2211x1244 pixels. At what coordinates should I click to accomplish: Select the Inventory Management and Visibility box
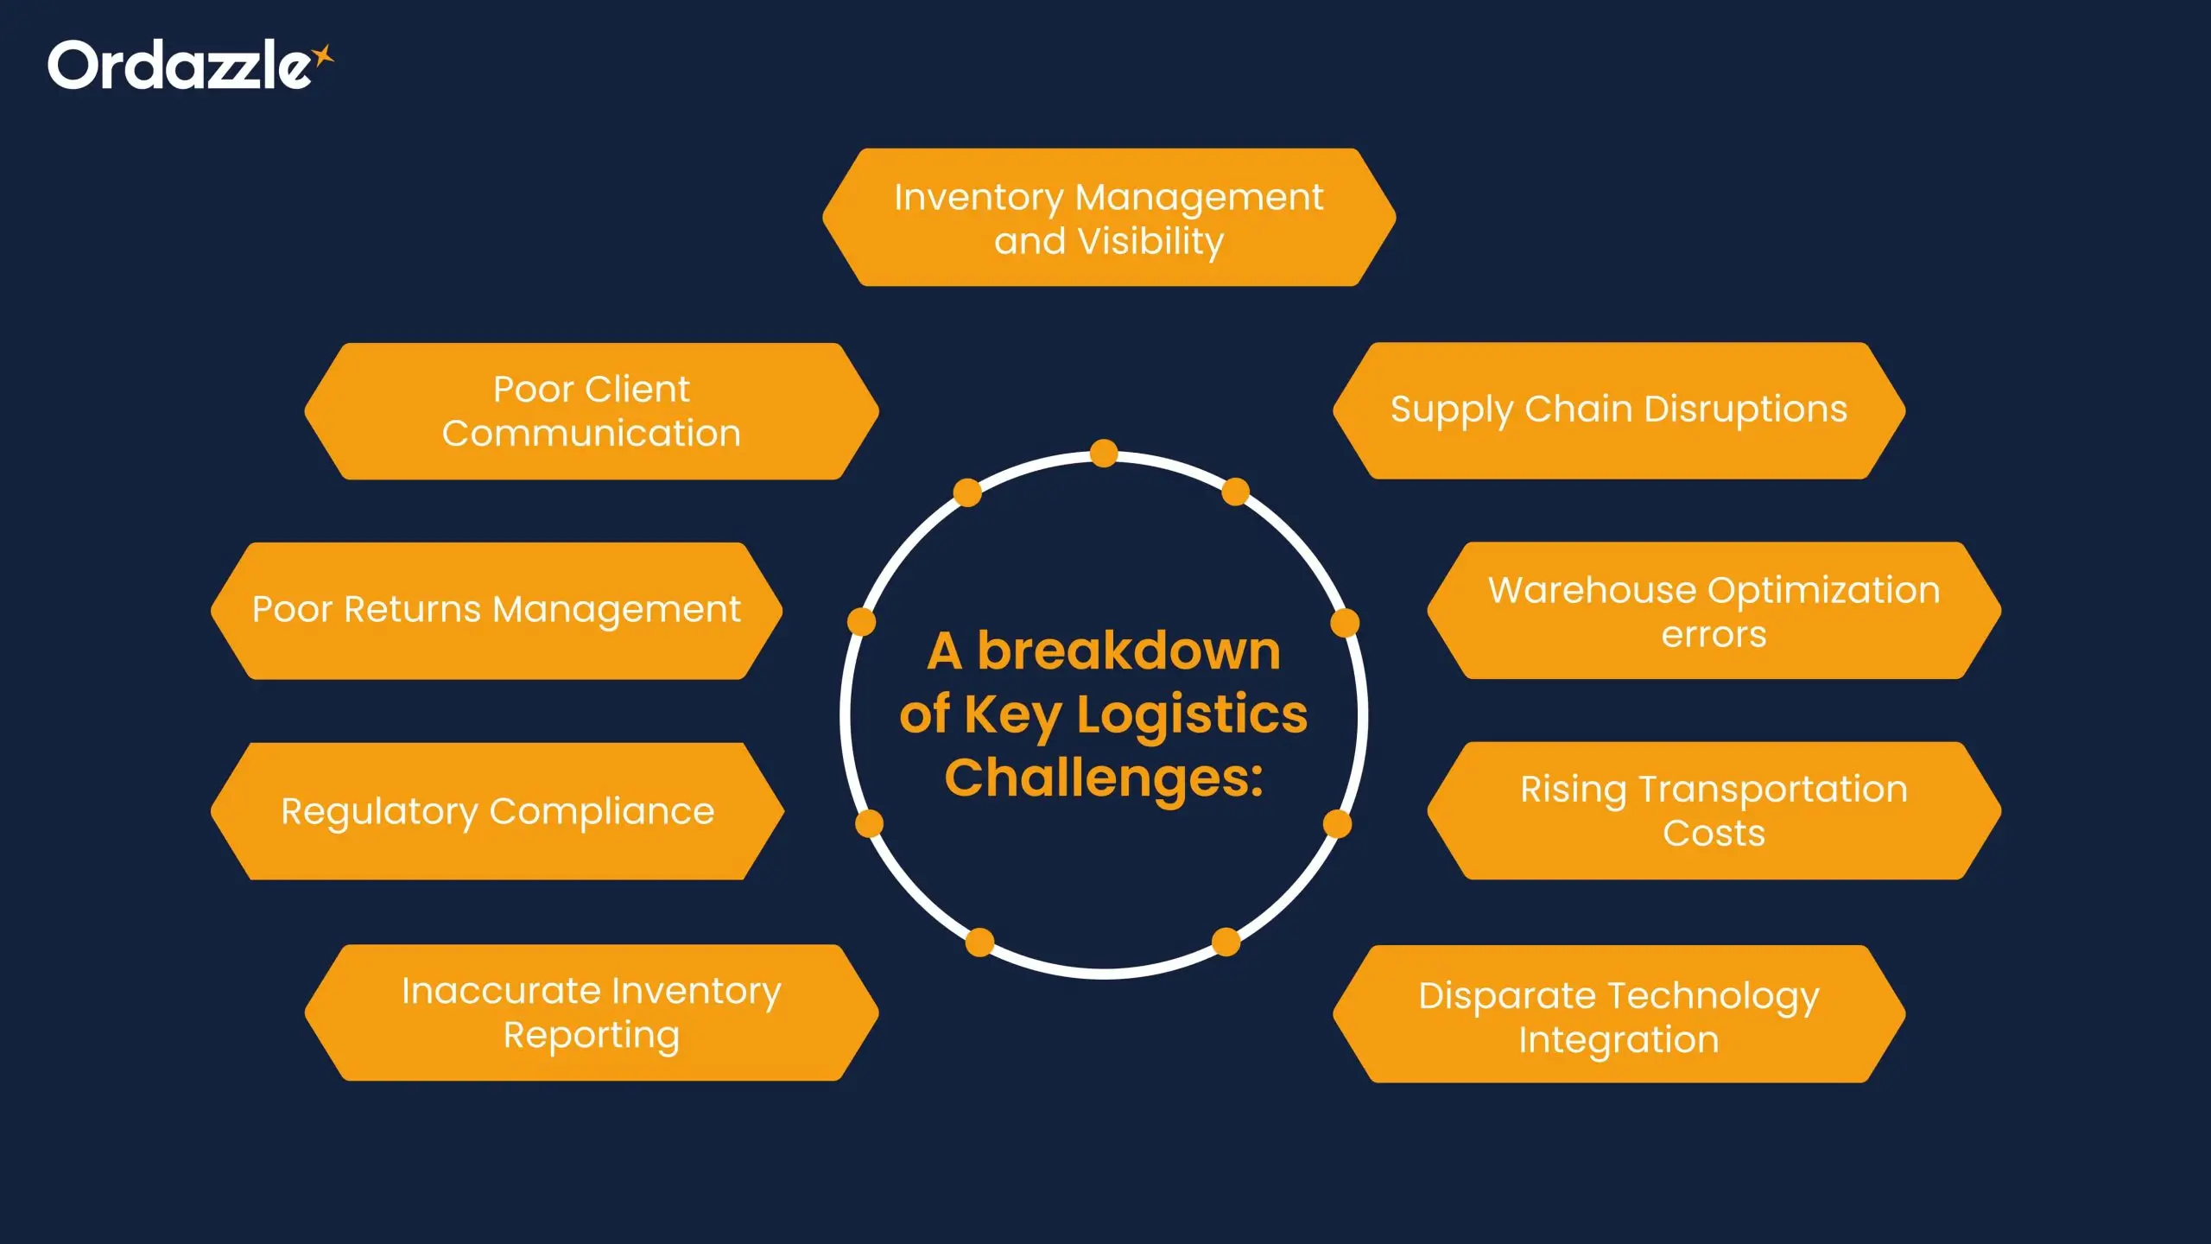(x=1108, y=218)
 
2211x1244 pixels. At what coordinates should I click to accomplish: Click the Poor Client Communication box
(x=592, y=411)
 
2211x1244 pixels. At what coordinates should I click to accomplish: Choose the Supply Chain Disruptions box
(x=1619, y=409)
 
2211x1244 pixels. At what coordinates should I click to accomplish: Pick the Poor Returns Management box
(x=497, y=610)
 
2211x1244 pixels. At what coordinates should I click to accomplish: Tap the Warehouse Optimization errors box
(x=1714, y=611)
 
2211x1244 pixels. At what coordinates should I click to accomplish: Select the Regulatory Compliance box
(x=497, y=811)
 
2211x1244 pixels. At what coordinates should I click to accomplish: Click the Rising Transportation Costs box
(x=1714, y=811)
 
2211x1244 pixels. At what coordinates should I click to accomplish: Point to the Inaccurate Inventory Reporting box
(x=592, y=1012)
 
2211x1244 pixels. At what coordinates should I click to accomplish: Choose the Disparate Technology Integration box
(x=1619, y=1015)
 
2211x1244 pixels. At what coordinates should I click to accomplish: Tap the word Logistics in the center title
(x=1192, y=714)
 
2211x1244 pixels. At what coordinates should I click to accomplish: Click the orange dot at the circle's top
(x=1104, y=454)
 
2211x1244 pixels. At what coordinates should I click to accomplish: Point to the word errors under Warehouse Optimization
(x=1714, y=635)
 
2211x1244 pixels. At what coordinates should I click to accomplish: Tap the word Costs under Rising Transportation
(x=1714, y=834)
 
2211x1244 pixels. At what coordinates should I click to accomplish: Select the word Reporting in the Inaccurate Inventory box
(x=592, y=1035)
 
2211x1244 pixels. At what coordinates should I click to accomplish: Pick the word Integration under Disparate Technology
(x=1619, y=1040)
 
